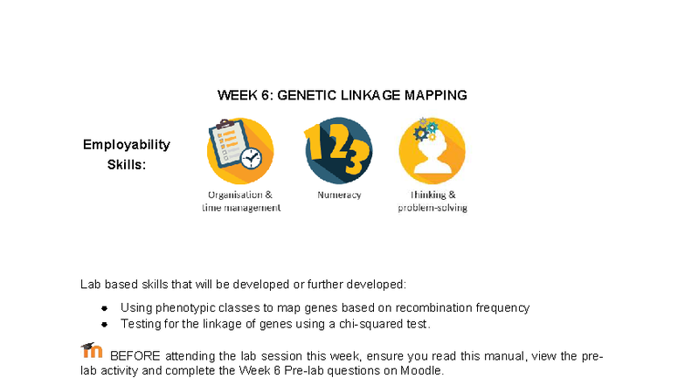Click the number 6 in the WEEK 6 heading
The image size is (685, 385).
pos(266,95)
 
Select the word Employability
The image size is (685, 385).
pos(126,145)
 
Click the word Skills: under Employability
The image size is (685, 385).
pos(126,164)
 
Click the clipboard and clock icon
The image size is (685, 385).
pos(239,150)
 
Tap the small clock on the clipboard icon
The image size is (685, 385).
pos(252,159)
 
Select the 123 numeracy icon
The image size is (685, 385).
pos(338,150)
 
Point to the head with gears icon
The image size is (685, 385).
pos(432,150)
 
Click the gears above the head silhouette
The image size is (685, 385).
pos(426,129)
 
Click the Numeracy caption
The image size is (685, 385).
pos(339,196)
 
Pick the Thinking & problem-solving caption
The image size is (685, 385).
pos(432,202)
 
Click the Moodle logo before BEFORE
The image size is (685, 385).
pos(91,351)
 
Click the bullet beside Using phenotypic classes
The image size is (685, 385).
pos(103,308)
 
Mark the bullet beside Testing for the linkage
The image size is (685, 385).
pos(103,324)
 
